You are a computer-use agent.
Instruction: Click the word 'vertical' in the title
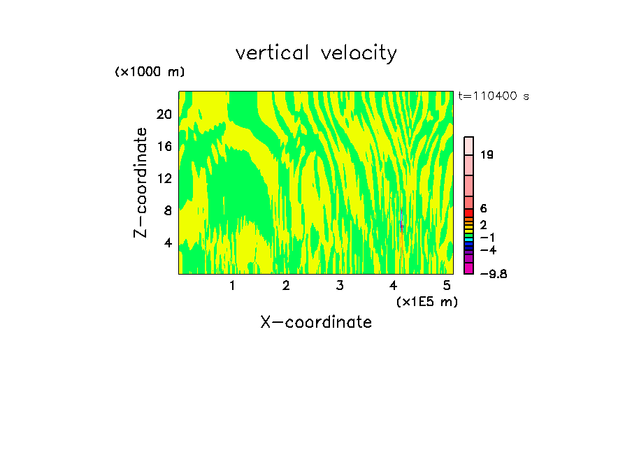pos(273,53)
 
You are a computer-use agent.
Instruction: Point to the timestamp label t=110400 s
pos(493,96)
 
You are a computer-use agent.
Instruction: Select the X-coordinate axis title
pos(316,322)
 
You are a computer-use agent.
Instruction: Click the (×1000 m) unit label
pos(149,72)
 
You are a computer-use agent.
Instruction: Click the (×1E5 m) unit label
pos(426,301)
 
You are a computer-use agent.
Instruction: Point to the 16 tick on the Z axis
pos(164,146)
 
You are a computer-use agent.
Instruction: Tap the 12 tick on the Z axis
pos(164,178)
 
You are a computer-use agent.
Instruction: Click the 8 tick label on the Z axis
pos(167,210)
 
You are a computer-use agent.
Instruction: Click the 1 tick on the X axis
pos(232,285)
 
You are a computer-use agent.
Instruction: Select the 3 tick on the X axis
pos(339,285)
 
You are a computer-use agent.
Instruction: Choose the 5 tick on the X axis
pos(446,285)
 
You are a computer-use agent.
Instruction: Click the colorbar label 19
pos(487,155)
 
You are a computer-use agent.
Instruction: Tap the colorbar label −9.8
pos(493,273)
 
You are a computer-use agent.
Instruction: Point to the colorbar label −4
pos(489,249)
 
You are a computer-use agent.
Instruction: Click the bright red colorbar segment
pos(469,213)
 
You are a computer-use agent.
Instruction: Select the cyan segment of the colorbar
pos(469,240)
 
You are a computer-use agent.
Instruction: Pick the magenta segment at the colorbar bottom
pos(469,268)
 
